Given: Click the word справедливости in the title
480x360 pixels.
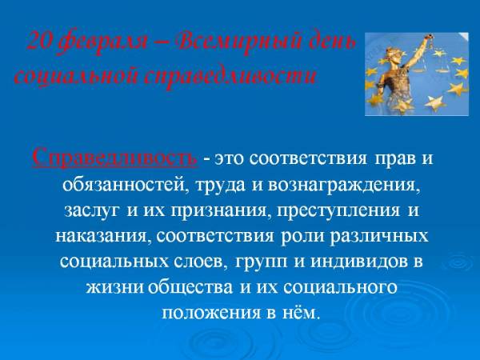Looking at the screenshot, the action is [230, 76].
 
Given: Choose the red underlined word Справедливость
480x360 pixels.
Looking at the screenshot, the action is [114, 158].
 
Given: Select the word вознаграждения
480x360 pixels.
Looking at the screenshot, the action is [344, 186].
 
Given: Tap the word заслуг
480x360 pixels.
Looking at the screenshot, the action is [91, 211].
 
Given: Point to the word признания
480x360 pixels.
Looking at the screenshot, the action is [218, 211].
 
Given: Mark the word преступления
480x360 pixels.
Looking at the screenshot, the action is [338, 211].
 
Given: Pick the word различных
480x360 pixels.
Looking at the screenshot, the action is [378, 236].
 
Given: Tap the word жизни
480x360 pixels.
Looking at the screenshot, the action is [114, 287].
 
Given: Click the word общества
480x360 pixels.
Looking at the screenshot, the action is [190, 287].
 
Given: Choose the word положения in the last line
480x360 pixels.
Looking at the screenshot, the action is [211, 313].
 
